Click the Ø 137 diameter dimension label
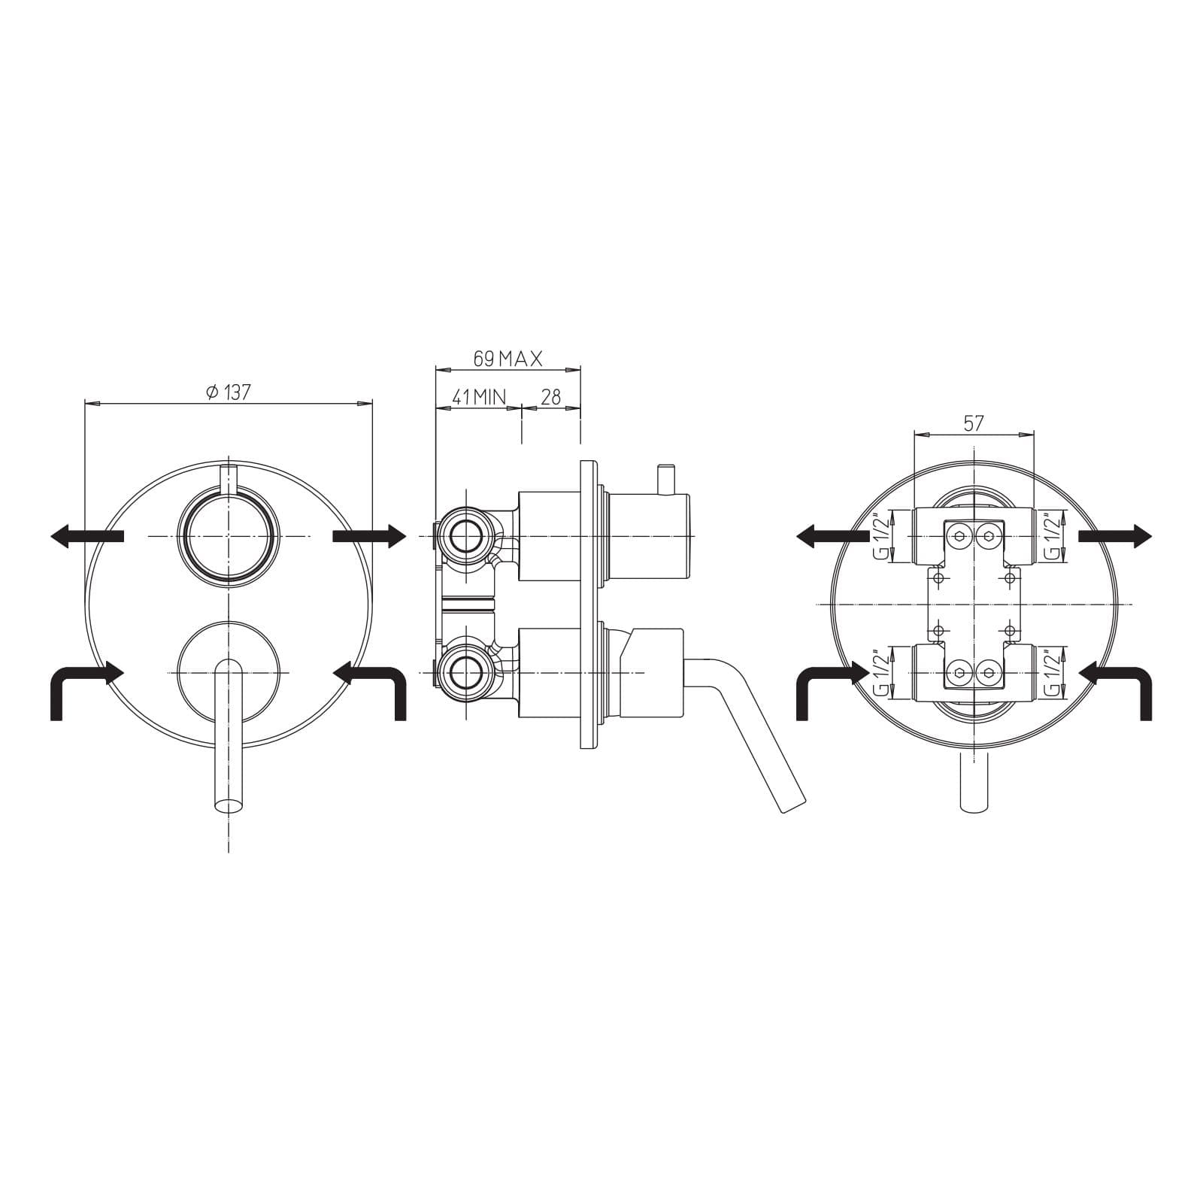pos(229,392)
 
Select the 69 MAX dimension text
pos(508,359)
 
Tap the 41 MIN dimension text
pos(479,396)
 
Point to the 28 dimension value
pos(551,396)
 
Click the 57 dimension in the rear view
pos(974,423)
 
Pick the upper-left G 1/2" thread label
pos(880,536)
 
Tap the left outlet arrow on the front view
pos(87,536)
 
